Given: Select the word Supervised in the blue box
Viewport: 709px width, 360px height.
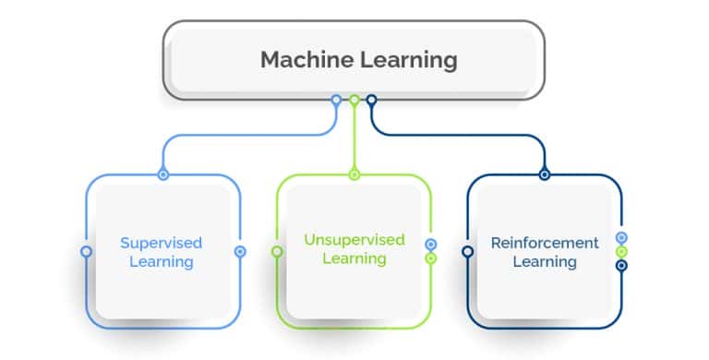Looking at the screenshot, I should (161, 244).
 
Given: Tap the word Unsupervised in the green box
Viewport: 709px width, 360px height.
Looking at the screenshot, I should (354, 240).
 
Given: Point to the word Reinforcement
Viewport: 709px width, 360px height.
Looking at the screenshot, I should (545, 244).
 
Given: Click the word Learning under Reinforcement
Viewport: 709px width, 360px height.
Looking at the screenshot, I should (545, 262).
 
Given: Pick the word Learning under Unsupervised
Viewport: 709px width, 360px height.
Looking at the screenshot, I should (354, 258).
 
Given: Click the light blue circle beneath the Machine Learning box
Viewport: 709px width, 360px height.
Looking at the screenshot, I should (336, 100).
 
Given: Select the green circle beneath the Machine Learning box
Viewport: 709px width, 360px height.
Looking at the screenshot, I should (354, 100).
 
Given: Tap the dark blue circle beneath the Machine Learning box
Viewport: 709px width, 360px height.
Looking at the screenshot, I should (371, 100).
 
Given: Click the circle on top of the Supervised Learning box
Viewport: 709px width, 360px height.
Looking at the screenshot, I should (163, 174).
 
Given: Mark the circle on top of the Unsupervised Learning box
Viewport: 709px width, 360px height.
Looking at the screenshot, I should (354, 174).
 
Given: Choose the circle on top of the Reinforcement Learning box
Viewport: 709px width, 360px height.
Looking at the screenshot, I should (545, 174).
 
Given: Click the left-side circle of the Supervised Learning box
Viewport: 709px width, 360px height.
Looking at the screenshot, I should (87, 251).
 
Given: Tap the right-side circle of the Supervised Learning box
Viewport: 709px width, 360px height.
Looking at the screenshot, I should (240, 251).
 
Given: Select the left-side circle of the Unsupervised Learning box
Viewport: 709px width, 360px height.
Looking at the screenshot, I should (277, 251).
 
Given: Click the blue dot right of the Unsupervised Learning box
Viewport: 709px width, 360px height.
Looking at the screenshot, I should (431, 245).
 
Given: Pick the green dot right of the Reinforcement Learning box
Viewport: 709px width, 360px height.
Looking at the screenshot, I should (621, 251).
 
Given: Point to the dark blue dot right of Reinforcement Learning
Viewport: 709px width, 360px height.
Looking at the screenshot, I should (621, 266).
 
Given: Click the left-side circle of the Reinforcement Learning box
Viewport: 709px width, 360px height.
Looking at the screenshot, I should (468, 251).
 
